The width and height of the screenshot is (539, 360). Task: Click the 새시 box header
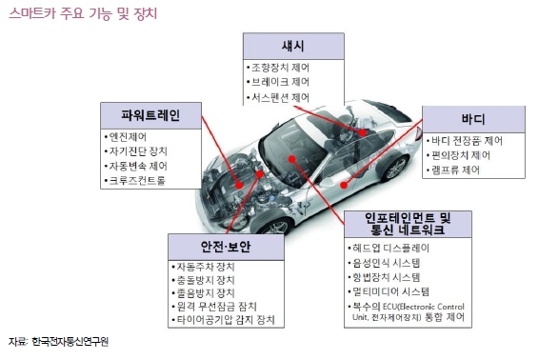[293, 46]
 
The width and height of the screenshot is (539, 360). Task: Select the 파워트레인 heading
[150, 115]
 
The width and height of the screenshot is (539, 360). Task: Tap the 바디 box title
[473, 119]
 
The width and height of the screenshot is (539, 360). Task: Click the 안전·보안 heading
[226, 247]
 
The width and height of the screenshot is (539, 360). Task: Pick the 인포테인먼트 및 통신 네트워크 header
[408, 224]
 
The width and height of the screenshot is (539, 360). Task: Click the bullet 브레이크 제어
[278, 82]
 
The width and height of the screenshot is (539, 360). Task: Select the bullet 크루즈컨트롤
[135, 181]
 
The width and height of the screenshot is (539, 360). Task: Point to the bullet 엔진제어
[125, 137]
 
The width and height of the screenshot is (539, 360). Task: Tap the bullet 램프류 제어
[453, 170]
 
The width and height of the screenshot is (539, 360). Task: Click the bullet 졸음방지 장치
[203, 293]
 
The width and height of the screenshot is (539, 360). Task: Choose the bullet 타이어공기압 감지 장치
[223, 320]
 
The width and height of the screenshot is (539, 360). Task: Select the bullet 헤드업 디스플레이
[389, 248]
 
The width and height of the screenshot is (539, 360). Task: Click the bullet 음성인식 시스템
[384, 263]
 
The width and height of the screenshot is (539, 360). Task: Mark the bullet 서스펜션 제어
[278, 98]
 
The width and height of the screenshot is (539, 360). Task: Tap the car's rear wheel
[395, 169]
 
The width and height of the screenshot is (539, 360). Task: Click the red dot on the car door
[344, 186]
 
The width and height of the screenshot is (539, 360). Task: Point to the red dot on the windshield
[291, 159]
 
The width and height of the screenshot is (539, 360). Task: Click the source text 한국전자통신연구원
[70, 342]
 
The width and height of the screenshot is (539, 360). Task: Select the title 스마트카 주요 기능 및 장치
[83, 13]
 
